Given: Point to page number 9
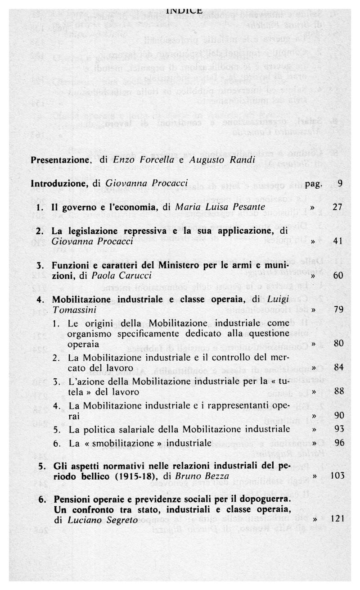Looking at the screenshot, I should pos(339,184).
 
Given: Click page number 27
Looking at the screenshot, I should pos(338,207).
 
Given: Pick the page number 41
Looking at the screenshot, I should pos(338,241).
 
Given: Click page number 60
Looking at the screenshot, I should pos(338,275).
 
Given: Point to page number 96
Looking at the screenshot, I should pos(338,443).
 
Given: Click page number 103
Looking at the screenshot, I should pos(337,476).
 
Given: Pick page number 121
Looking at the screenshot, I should pos(337,519).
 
